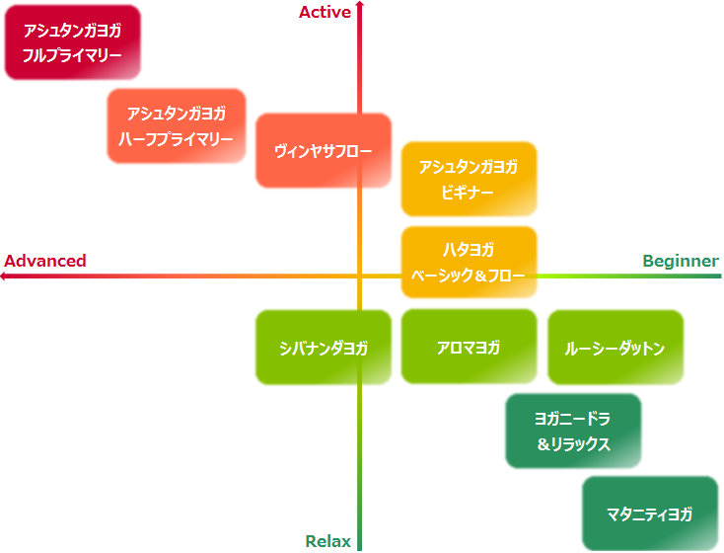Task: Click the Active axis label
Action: (325, 11)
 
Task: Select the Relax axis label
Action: (327, 541)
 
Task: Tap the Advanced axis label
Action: (45, 261)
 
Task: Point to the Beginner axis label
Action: (681, 261)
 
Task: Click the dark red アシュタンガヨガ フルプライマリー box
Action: (72, 42)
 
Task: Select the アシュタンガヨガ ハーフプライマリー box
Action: (176, 125)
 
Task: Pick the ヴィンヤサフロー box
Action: (324, 150)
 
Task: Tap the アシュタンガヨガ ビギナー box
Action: (469, 179)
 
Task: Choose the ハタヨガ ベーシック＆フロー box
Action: (469, 262)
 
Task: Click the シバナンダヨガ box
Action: (324, 348)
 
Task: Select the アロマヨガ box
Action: (469, 347)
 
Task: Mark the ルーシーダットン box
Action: (615, 348)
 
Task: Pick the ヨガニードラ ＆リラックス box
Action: (573, 431)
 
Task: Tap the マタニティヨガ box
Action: (649, 513)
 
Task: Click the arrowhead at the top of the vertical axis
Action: (360, 5)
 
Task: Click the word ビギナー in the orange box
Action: (468, 193)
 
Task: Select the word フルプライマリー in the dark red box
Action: (72, 56)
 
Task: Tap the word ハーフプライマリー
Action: (176, 139)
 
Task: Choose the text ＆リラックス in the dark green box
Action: (573, 444)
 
